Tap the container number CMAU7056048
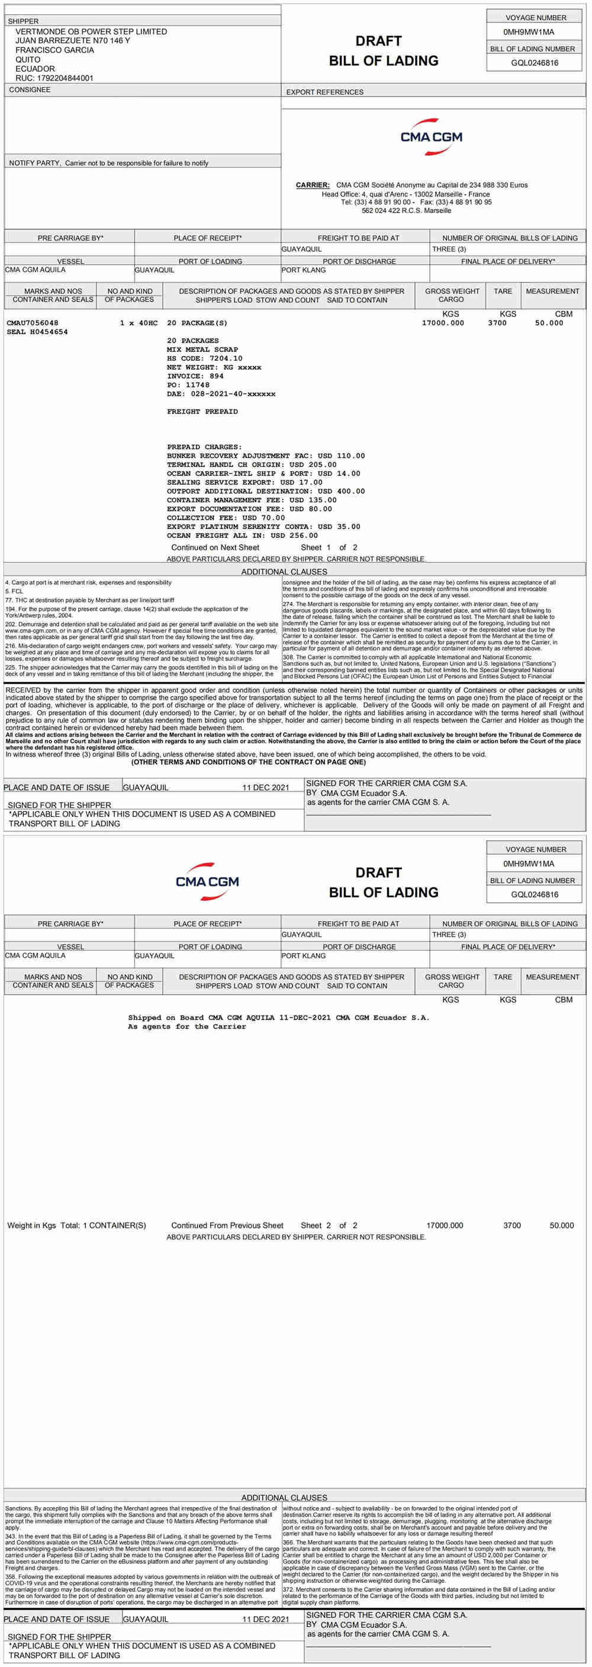tap(33, 323)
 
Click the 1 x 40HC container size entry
tap(139, 323)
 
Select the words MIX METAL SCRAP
tap(202, 350)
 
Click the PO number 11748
tap(197, 385)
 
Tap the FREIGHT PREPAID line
tap(202, 412)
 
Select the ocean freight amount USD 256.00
tap(294, 536)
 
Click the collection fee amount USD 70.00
tap(263, 518)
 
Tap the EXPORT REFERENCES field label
tap(325, 92)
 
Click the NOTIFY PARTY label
tap(34, 163)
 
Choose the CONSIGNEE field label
tap(30, 90)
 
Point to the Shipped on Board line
tap(278, 1017)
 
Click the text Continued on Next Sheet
tap(215, 547)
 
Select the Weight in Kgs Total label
tap(43, 1225)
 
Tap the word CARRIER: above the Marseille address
tap(313, 185)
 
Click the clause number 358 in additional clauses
tap(10, 1576)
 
